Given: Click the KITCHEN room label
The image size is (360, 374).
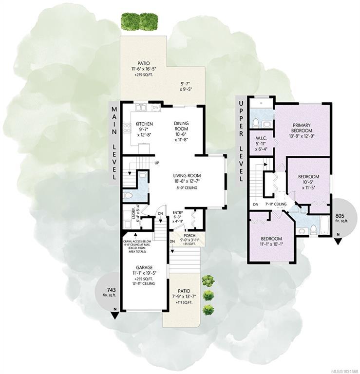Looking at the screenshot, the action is tap(144, 124).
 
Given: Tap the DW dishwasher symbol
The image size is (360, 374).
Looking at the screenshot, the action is tap(156, 108).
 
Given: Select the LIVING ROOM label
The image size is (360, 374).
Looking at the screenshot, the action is tap(187, 176).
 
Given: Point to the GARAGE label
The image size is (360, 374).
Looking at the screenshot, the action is tap(144, 268).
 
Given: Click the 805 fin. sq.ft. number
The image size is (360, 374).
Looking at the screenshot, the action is tap(340, 216).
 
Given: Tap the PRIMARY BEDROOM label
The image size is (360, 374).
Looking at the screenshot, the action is tap(302, 128).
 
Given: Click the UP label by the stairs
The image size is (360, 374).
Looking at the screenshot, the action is tap(157, 163).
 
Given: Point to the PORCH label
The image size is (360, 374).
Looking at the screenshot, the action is tap(189, 236).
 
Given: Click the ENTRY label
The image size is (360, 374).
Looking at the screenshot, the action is tap(178, 212).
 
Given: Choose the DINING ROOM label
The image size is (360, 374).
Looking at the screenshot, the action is tap(181, 126).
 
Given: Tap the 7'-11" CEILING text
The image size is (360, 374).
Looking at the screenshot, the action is tap(276, 204).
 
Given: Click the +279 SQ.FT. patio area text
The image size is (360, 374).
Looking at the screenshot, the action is tap(144, 75).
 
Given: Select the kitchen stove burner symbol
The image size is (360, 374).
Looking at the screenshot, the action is tap(127, 128).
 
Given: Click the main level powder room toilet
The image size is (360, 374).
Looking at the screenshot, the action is tap(128, 196).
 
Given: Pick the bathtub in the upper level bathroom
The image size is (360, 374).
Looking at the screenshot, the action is tap(324, 225).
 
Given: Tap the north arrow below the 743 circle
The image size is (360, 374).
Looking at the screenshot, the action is tap(115, 315).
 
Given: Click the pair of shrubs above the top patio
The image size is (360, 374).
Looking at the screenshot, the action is tap(139, 22).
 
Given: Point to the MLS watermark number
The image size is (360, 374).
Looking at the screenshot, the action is tap(346, 371).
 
